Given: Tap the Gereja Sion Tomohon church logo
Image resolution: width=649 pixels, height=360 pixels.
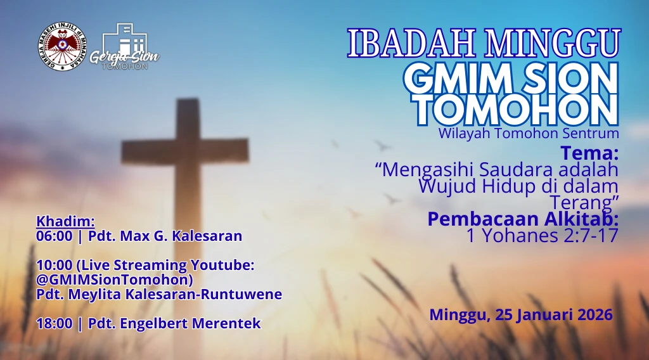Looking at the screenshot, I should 124,47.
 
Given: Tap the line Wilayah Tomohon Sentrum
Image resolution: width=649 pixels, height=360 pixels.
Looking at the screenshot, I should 528,134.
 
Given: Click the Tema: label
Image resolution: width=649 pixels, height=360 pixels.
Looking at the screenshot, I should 589,153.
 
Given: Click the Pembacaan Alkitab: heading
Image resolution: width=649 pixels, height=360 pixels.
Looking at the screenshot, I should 523,219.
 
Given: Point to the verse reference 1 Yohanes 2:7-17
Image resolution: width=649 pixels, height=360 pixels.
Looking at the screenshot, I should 542,235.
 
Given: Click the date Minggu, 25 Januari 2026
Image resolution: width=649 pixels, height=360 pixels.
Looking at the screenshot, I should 521,315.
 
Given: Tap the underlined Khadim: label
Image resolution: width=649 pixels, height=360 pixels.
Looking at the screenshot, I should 65,221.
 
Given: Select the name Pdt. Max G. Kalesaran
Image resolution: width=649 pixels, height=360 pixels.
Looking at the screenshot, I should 165,236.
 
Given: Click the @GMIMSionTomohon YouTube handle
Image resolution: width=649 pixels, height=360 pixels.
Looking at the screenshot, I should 115,279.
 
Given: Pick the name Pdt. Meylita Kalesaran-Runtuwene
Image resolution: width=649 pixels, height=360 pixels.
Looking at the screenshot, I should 159,294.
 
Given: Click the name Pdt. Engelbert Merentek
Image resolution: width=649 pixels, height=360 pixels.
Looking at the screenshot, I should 174,323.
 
